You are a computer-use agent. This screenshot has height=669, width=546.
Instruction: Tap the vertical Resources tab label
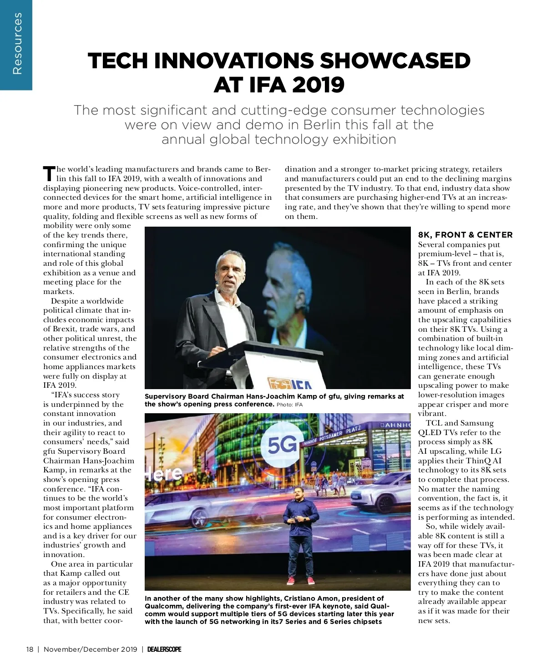17,44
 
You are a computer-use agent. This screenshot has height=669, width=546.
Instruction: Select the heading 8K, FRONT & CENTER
465,235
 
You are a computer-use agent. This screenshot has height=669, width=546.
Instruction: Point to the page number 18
30,649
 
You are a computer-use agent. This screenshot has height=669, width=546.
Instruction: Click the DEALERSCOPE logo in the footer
164,649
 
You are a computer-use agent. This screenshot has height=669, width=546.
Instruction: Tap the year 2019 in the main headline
318,85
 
